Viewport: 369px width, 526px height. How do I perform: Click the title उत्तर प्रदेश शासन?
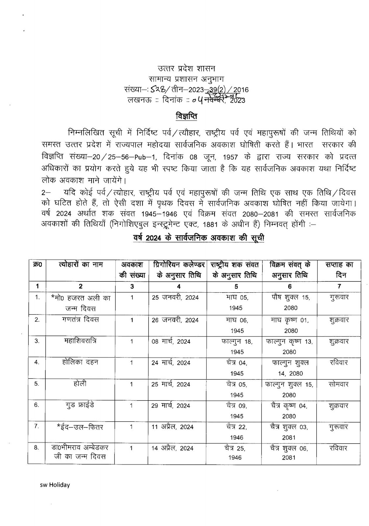[x=186, y=69]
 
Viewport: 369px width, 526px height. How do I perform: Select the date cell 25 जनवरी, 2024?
[x=175, y=298]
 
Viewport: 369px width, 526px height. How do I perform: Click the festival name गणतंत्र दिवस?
[x=80, y=320]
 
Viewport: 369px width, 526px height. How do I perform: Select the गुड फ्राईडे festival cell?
[x=80, y=405]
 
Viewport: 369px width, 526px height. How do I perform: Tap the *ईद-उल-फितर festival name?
[x=80, y=427]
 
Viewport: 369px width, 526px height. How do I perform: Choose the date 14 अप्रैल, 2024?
[x=172, y=448]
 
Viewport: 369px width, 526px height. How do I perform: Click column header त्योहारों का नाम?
[x=80, y=265]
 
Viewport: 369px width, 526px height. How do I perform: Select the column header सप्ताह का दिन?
[x=339, y=270]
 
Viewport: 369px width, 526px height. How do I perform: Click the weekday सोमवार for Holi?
[x=339, y=384]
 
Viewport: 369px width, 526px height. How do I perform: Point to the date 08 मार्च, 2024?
[x=171, y=342]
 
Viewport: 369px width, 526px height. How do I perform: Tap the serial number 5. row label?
[x=37, y=384]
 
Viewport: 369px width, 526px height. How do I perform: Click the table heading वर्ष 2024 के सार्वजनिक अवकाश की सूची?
[x=197, y=238]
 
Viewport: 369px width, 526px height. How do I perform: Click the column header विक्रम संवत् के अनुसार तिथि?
[x=289, y=270]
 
